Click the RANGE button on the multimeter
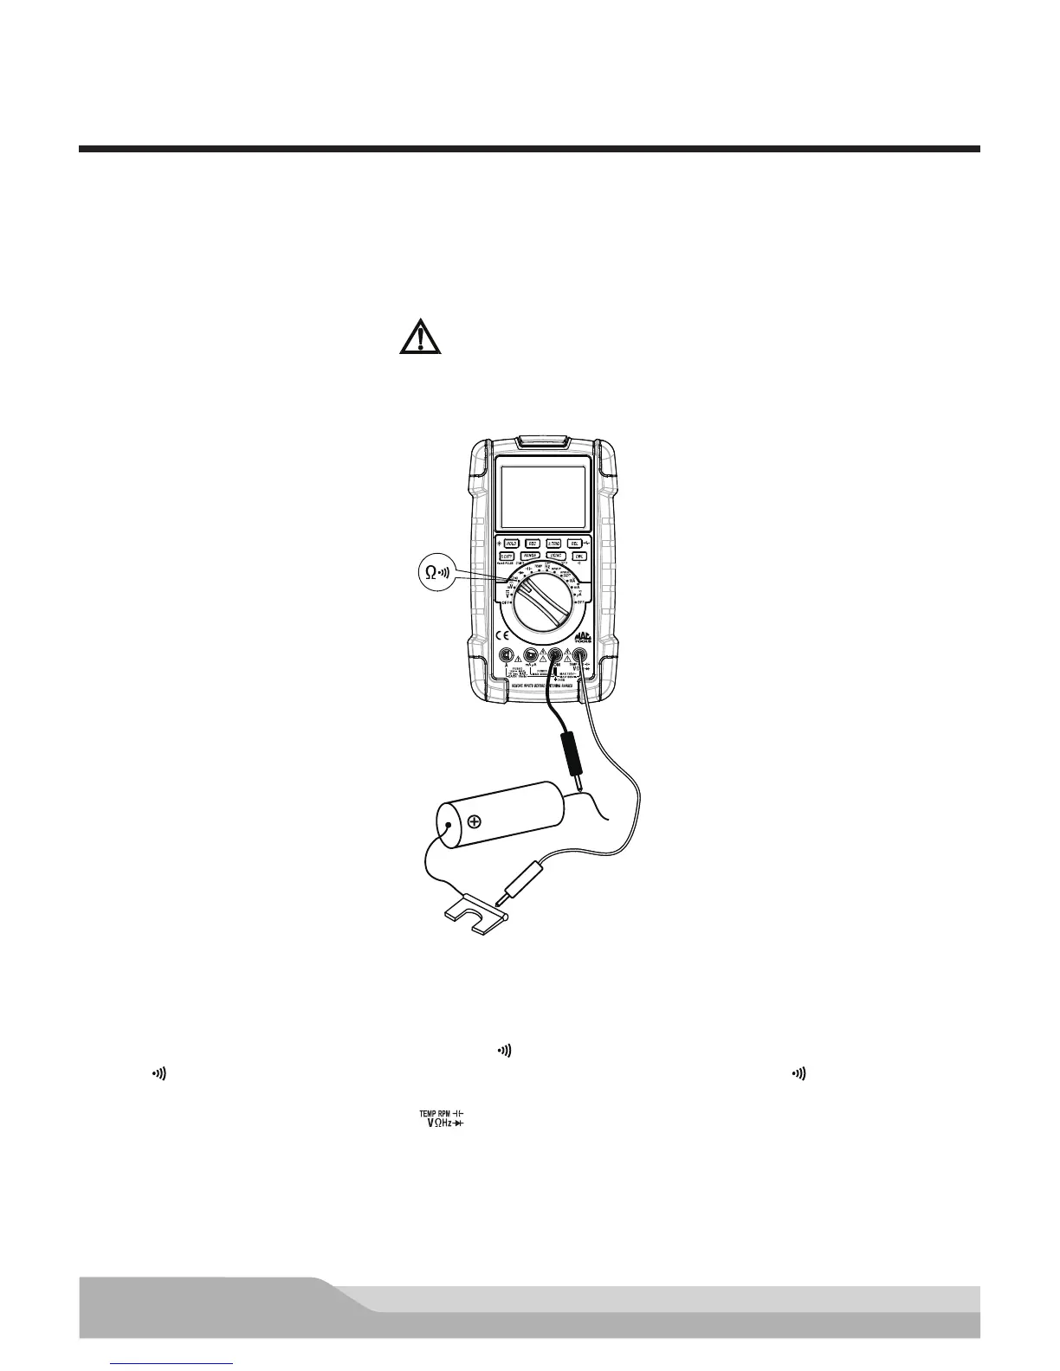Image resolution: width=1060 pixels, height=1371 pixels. coord(532,556)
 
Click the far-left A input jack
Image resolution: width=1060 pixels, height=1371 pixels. coord(507,657)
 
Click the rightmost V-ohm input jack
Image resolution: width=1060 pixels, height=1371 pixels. coord(578,657)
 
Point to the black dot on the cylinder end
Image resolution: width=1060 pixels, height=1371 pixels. coord(447,827)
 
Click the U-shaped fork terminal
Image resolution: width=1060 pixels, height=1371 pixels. coord(475,913)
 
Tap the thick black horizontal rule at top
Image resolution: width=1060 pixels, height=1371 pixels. coord(529,149)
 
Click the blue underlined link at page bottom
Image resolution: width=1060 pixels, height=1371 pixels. coord(173,1365)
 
